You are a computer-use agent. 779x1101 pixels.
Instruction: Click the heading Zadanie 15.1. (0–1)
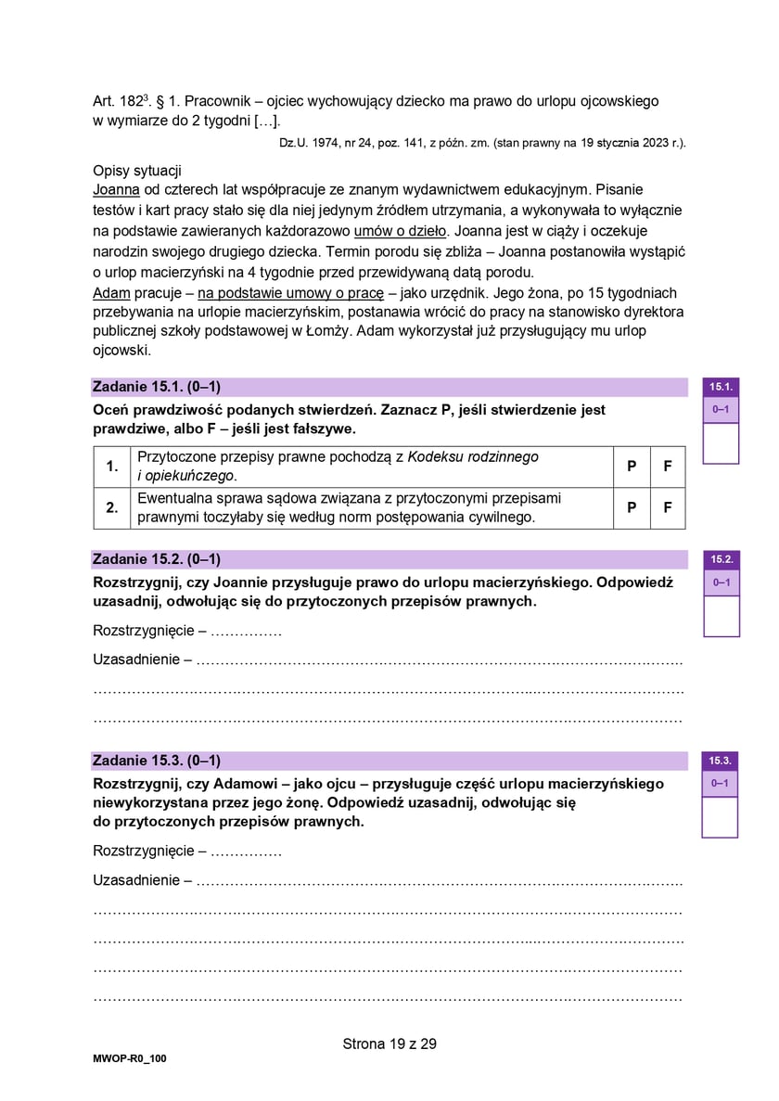pyautogui.click(x=156, y=387)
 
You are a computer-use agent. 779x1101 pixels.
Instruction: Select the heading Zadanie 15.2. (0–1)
pyautogui.click(x=156, y=559)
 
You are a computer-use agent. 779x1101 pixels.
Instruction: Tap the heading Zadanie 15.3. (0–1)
pyautogui.click(x=156, y=761)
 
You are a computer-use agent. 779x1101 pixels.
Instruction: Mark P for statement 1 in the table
pyautogui.click(x=632, y=467)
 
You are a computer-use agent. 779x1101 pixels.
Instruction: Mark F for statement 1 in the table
pyautogui.click(x=668, y=467)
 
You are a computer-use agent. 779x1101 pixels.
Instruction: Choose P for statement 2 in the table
pyautogui.click(x=632, y=508)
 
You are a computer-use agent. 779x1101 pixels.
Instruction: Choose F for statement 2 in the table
pyautogui.click(x=668, y=508)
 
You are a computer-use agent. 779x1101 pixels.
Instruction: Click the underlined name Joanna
pyautogui.click(x=116, y=189)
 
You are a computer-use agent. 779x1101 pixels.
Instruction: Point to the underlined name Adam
pyautogui.click(x=110, y=291)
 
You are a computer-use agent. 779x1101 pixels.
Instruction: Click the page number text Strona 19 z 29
pyautogui.click(x=389, y=1043)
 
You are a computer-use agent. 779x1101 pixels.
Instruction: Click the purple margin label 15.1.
pyautogui.click(x=722, y=387)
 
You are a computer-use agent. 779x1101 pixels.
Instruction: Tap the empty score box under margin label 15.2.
pyautogui.click(x=722, y=616)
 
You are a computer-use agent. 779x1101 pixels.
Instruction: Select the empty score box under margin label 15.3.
pyautogui.click(x=721, y=816)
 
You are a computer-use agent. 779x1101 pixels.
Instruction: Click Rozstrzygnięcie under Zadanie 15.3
pyautogui.click(x=143, y=851)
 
